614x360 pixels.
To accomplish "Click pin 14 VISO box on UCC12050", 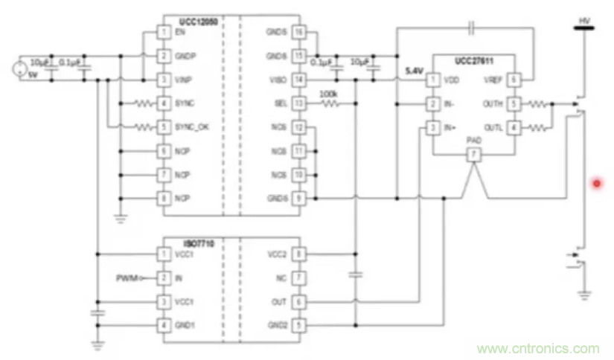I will [299, 80].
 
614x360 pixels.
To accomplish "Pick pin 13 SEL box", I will [299, 103].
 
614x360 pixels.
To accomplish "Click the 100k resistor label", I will [328, 94].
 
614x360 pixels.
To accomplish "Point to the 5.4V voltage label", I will [414, 71].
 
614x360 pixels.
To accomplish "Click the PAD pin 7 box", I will [473, 155].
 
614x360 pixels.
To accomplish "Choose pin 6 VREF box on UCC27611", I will [515, 80].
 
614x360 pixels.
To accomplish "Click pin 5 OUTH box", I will [515, 103].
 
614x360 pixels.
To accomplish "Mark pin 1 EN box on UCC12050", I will [163, 33].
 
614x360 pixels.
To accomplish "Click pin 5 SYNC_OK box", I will [163, 127].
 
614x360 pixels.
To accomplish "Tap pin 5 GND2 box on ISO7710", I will [299, 325].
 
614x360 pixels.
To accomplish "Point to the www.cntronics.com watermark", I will [537, 348].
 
